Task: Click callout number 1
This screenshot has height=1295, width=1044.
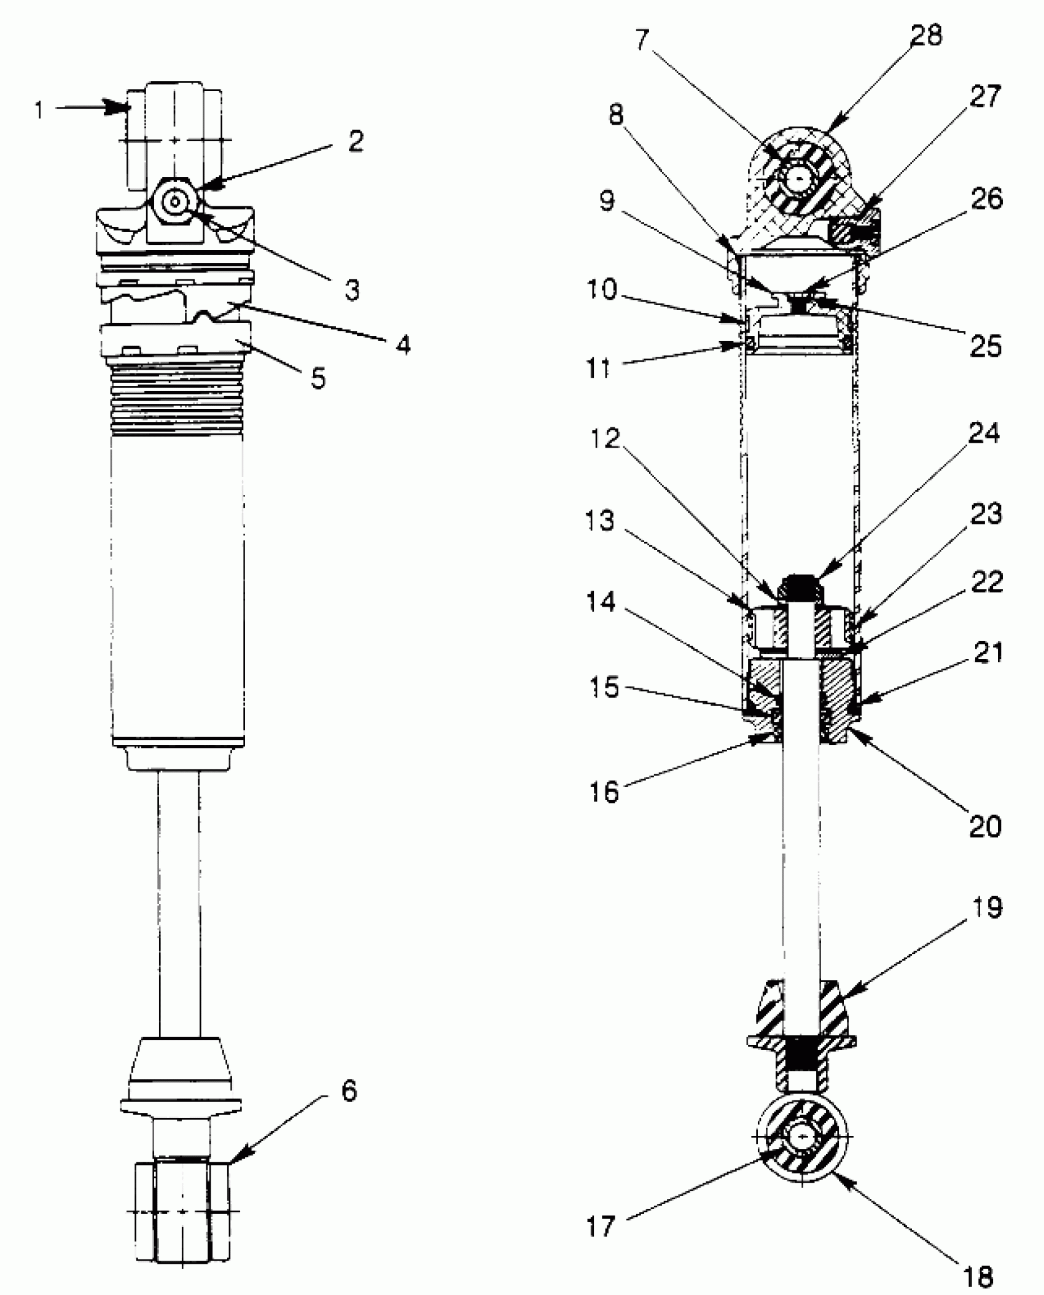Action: click(39, 111)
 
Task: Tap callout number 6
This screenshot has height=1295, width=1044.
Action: click(349, 1092)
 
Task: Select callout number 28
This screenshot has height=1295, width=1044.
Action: click(926, 36)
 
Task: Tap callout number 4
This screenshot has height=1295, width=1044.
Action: click(402, 344)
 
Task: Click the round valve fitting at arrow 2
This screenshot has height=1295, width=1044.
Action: click(176, 201)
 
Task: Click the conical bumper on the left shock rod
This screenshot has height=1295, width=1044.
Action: click(179, 1068)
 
